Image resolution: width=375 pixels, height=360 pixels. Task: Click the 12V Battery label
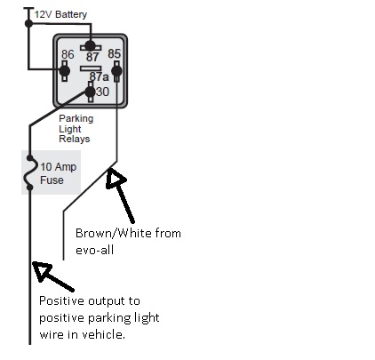(x=60, y=14)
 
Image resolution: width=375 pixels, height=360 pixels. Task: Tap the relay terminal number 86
(x=68, y=54)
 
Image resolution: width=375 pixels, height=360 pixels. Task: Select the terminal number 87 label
(x=92, y=57)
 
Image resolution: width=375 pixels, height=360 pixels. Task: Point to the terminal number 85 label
(x=115, y=53)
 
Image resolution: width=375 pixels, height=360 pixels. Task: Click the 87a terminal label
(x=100, y=76)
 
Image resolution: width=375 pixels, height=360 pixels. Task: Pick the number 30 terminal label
(x=102, y=92)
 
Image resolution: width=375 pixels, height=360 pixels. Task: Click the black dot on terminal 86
(x=64, y=71)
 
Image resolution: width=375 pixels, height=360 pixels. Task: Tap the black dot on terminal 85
(x=116, y=71)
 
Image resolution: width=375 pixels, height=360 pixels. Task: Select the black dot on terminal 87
(x=90, y=46)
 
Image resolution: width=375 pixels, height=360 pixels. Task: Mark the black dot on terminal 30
(x=90, y=92)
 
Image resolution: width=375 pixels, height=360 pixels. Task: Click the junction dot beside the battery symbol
(x=28, y=23)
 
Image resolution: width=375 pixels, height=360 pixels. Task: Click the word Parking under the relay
(x=76, y=119)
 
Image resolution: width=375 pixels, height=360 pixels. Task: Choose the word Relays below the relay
(x=75, y=139)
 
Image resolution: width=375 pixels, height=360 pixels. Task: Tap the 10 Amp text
(x=59, y=167)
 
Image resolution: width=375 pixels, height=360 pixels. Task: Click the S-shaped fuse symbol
(x=29, y=172)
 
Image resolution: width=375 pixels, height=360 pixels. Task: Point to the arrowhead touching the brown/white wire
(x=115, y=178)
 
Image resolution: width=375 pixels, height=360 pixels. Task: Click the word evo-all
(x=95, y=250)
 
